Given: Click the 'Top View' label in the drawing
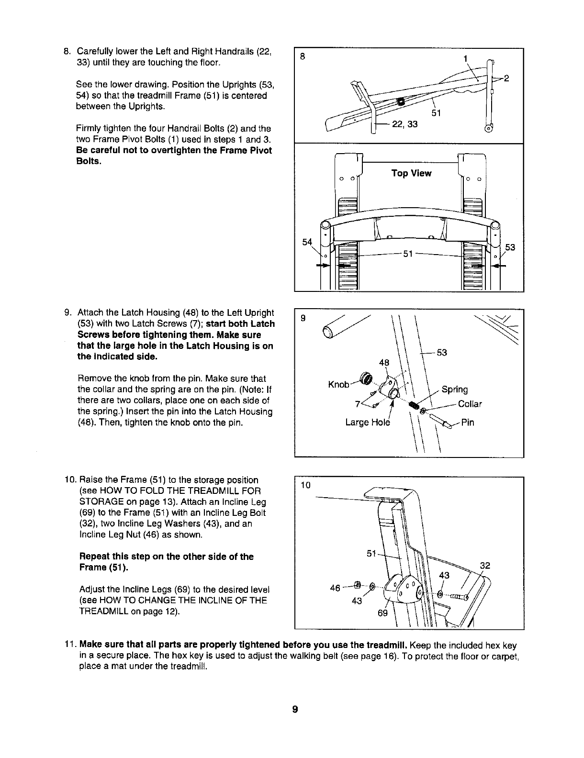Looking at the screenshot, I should click(x=411, y=173).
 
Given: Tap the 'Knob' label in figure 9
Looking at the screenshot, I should click(x=338, y=385).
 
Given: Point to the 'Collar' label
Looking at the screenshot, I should click(x=470, y=404).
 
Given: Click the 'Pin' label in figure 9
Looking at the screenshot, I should click(x=468, y=423).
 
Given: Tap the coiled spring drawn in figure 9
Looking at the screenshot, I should click(x=415, y=406).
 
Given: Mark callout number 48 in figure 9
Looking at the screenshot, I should click(x=384, y=363).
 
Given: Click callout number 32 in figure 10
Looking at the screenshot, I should click(x=484, y=565).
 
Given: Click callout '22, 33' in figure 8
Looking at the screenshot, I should click(x=404, y=124).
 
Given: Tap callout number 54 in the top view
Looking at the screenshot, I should click(x=308, y=243).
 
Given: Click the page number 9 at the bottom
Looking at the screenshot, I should click(x=295, y=709).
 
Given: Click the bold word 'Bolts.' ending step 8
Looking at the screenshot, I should click(x=89, y=161).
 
